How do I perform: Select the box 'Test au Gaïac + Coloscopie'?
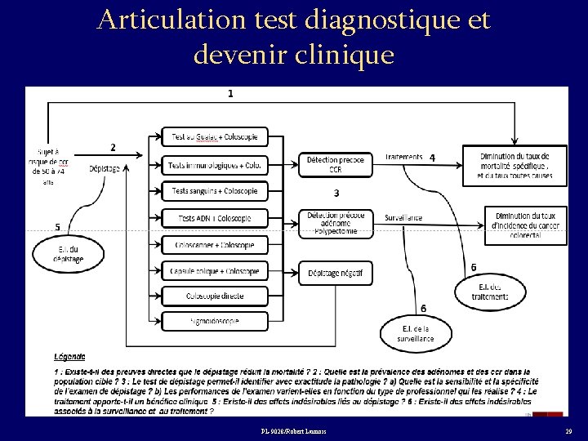pos(215,136)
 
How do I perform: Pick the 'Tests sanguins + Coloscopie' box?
pos(215,190)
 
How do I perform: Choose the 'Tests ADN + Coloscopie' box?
pos(215,217)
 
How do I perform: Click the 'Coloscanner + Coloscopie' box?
pos(215,244)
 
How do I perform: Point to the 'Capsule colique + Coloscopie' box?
pos(215,269)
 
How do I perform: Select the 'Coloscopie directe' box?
pos(215,295)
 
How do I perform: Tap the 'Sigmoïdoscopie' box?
pos(215,321)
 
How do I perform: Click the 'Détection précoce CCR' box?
pos(336,163)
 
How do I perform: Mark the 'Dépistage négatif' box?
pos(336,272)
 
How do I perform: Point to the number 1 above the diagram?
pos(230,94)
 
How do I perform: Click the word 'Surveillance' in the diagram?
pos(403,218)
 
